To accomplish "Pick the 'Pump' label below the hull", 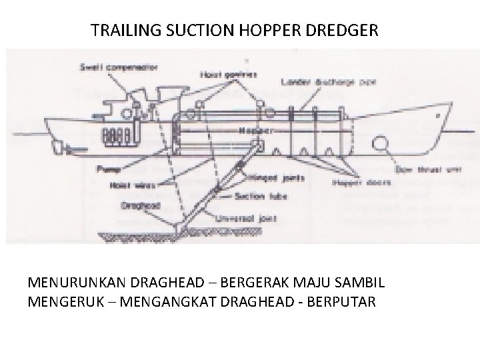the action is click(x=103, y=169).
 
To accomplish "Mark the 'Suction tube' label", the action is click(x=250, y=197).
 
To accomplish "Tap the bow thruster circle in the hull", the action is click(x=381, y=143).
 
